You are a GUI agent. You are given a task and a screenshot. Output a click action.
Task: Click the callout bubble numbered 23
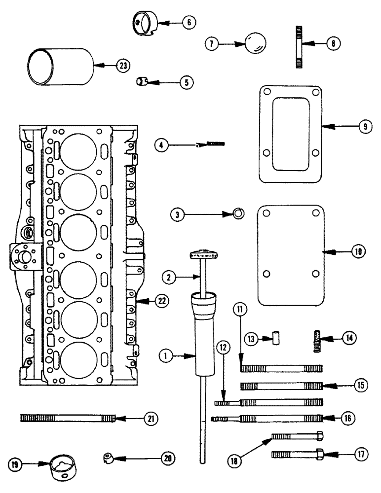(x=122, y=65)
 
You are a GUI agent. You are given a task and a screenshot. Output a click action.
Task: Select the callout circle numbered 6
(x=188, y=22)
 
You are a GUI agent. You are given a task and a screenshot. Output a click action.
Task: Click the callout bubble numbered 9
(x=365, y=127)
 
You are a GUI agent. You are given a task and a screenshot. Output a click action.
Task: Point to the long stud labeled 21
(x=67, y=418)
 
